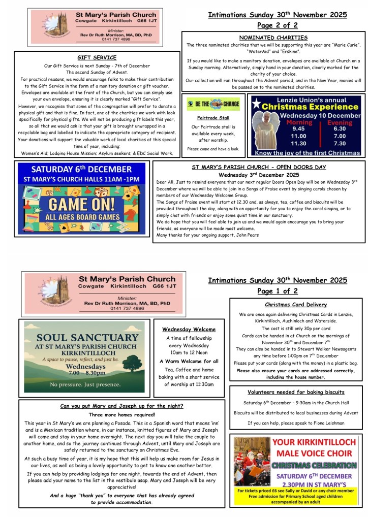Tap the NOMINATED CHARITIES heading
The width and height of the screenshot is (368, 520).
273,38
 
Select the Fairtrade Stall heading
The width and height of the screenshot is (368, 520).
213,118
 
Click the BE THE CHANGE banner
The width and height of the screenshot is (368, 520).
213,105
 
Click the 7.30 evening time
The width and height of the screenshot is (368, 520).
340,143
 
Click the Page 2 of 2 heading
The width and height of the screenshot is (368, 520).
277,25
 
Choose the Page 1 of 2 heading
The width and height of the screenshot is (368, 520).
277,291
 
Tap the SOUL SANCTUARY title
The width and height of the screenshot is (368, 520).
81,338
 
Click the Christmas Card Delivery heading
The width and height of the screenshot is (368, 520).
296,305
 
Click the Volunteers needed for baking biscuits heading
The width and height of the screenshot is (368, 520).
296,392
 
